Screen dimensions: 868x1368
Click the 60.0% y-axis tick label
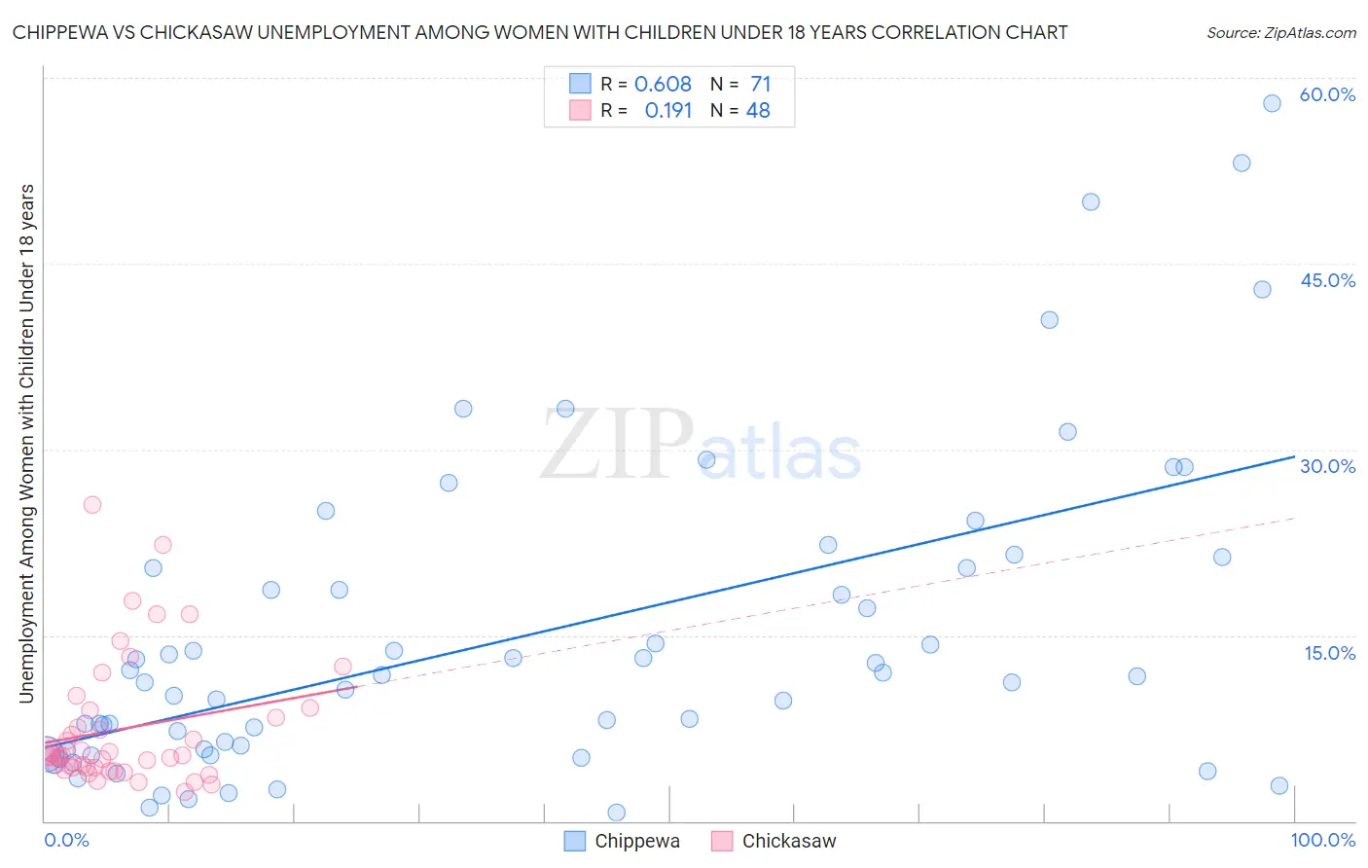coord(1327,95)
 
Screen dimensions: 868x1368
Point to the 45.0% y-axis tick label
coord(1327,281)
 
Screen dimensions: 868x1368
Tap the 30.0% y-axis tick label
coord(1327,467)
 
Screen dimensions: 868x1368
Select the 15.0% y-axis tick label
coord(1329,653)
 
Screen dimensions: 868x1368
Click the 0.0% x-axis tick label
coord(66,840)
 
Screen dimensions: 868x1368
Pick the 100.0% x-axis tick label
coord(1322,840)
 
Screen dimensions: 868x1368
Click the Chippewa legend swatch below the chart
coord(575,841)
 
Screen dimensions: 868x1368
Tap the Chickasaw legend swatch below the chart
coord(721,841)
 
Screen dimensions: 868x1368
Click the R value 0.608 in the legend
coord(663,85)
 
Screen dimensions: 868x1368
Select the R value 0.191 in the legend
coord(668,111)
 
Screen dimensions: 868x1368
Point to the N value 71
coord(760,85)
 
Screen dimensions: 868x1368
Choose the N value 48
coord(758,111)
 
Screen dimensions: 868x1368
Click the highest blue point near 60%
coord(1272,103)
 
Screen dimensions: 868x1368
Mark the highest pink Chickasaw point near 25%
coord(92,504)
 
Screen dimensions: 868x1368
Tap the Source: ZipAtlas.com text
coord(1280,32)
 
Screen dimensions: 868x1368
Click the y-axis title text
coord(26,443)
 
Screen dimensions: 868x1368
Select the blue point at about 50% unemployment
coord(1091,202)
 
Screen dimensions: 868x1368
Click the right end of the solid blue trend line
coord(1294,456)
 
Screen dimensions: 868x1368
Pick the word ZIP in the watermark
coord(617,445)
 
